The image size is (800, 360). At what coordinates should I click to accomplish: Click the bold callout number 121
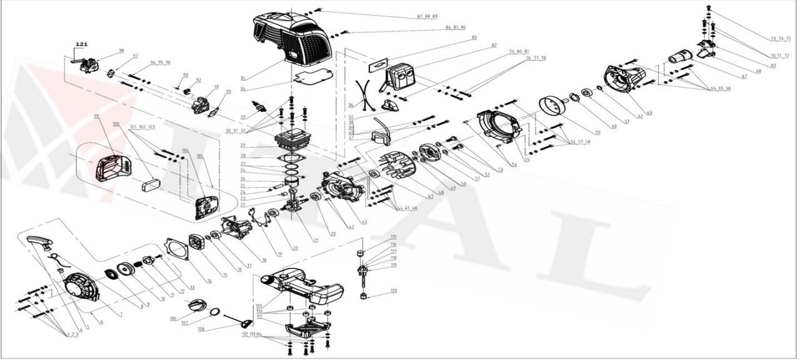82,44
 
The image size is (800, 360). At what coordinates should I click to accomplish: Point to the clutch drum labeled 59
551,104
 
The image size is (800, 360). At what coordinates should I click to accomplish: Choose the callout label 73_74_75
780,38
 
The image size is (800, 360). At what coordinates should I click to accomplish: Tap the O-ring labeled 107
213,312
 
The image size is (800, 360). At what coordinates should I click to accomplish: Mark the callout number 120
394,291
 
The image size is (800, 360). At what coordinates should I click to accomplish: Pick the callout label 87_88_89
427,16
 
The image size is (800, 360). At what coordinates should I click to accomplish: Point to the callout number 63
649,112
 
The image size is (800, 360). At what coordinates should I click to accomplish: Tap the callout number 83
474,37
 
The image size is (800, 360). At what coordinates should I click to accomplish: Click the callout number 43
364,222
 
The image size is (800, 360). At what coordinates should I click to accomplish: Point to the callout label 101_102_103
142,127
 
